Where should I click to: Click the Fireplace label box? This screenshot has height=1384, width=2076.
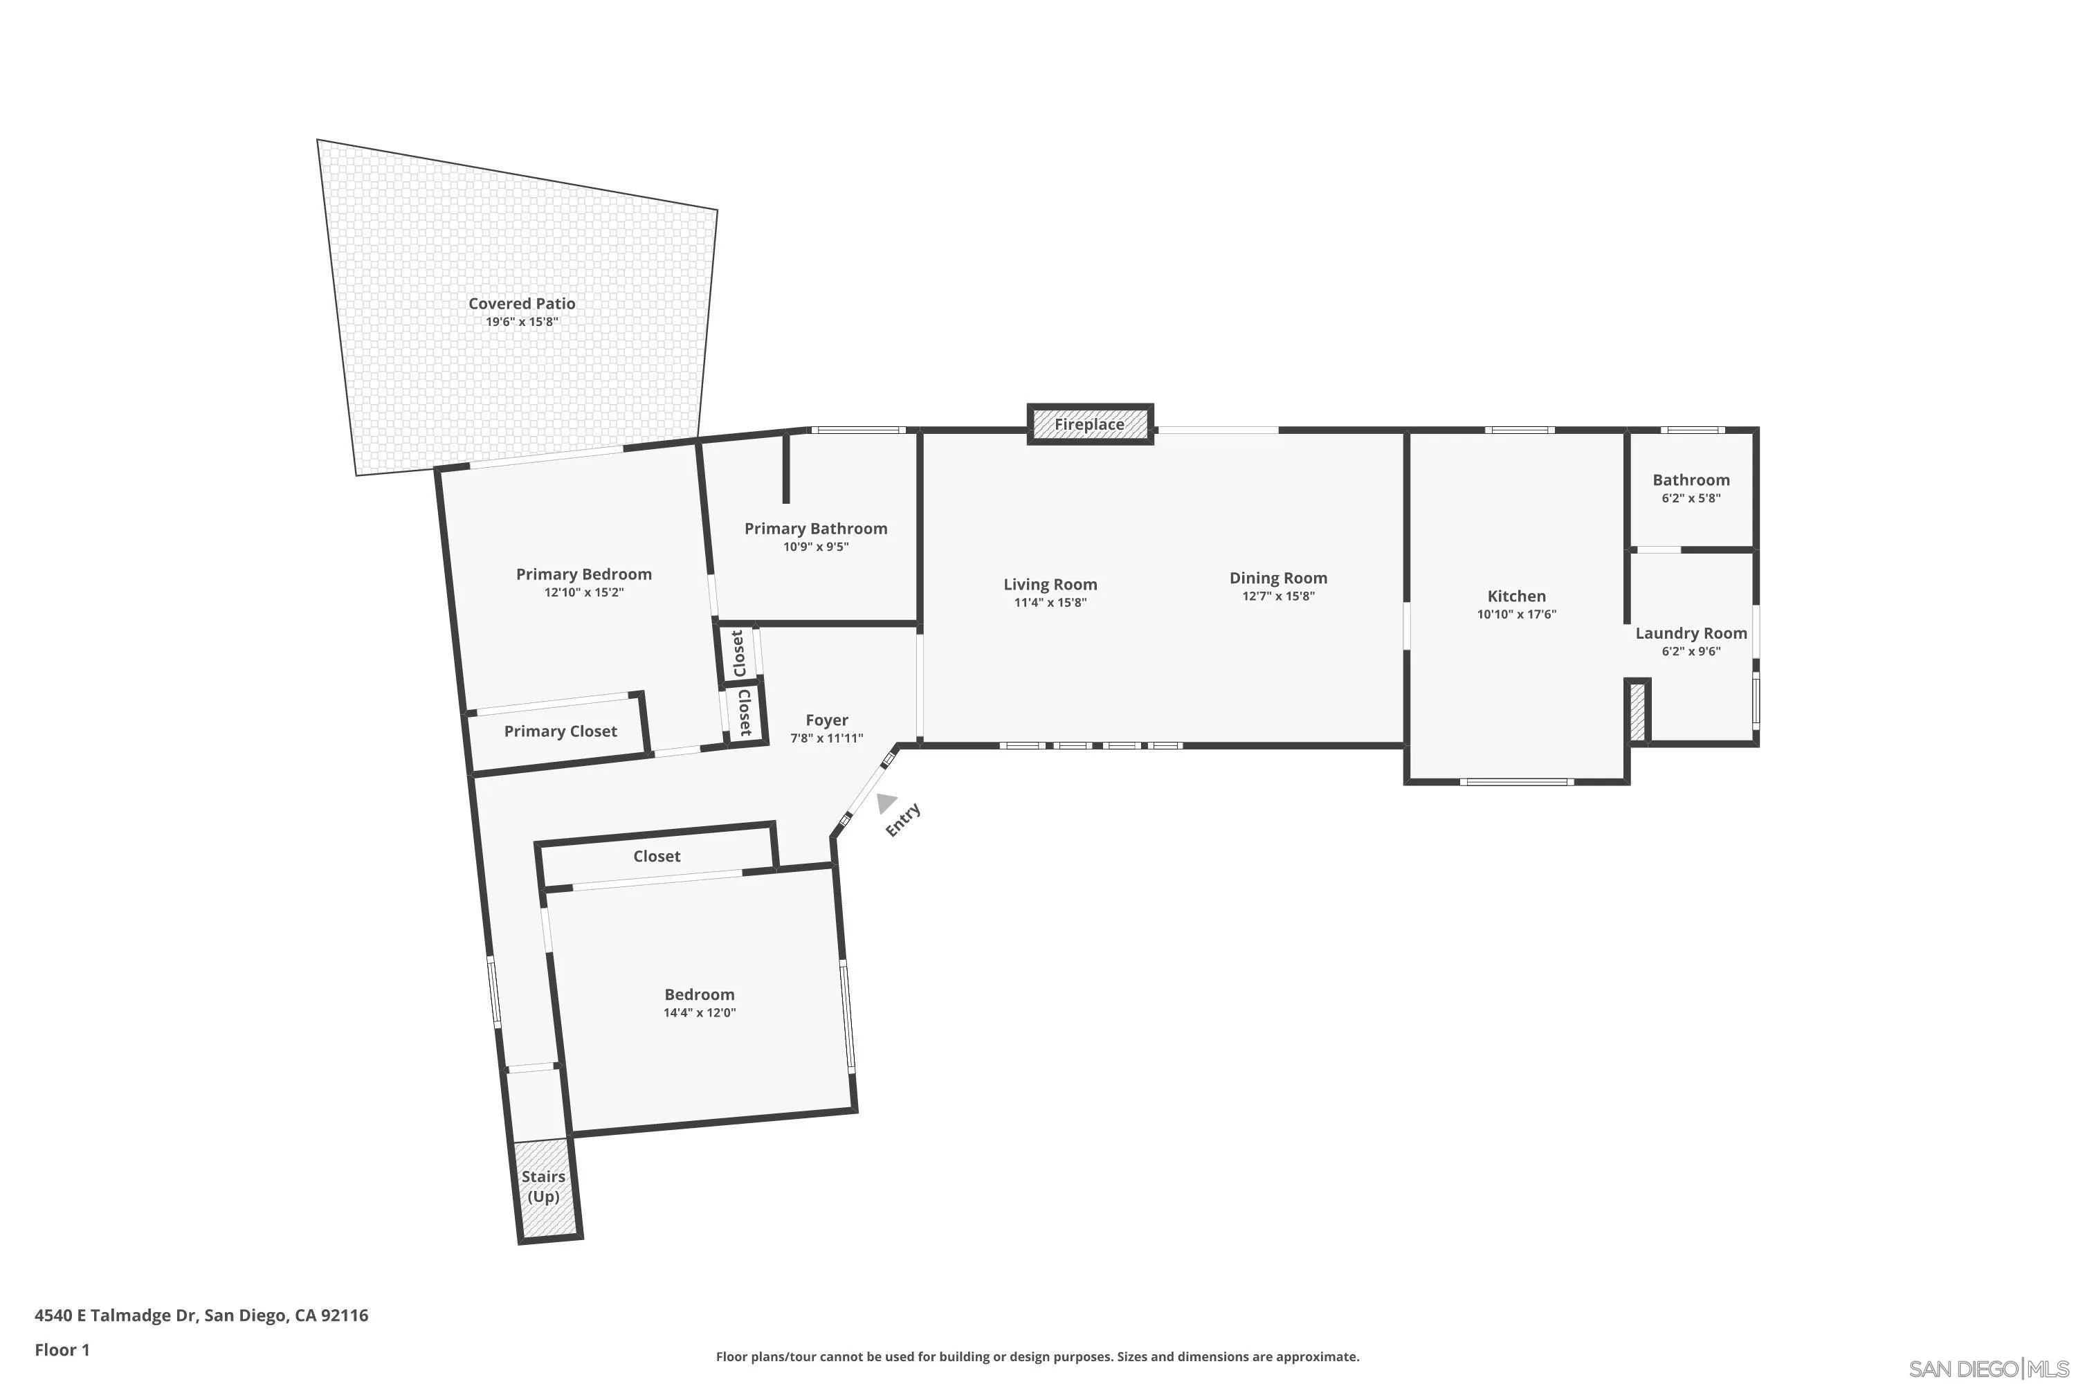(x=1089, y=425)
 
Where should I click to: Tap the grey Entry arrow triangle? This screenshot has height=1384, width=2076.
(x=885, y=802)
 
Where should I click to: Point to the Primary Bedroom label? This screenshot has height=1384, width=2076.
(x=583, y=574)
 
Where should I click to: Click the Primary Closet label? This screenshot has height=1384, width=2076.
(x=560, y=731)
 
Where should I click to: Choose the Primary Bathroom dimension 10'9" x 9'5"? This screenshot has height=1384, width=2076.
(x=816, y=547)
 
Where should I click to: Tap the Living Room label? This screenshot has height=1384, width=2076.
(x=1050, y=584)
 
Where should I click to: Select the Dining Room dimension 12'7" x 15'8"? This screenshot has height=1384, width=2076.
(x=1278, y=597)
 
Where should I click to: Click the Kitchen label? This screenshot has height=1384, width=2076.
(x=1515, y=597)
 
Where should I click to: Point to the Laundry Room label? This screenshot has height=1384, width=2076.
(x=1691, y=634)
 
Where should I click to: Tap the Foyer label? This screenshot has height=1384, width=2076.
(x=826, y=720)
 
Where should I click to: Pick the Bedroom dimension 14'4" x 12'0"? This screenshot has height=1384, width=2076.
(x=699, y=1013)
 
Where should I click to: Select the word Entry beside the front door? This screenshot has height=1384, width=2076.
(x=903, y=820)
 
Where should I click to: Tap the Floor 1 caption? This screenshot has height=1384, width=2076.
(x=62, y=1349)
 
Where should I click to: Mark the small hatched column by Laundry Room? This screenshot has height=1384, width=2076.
(x=1637, y=711)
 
